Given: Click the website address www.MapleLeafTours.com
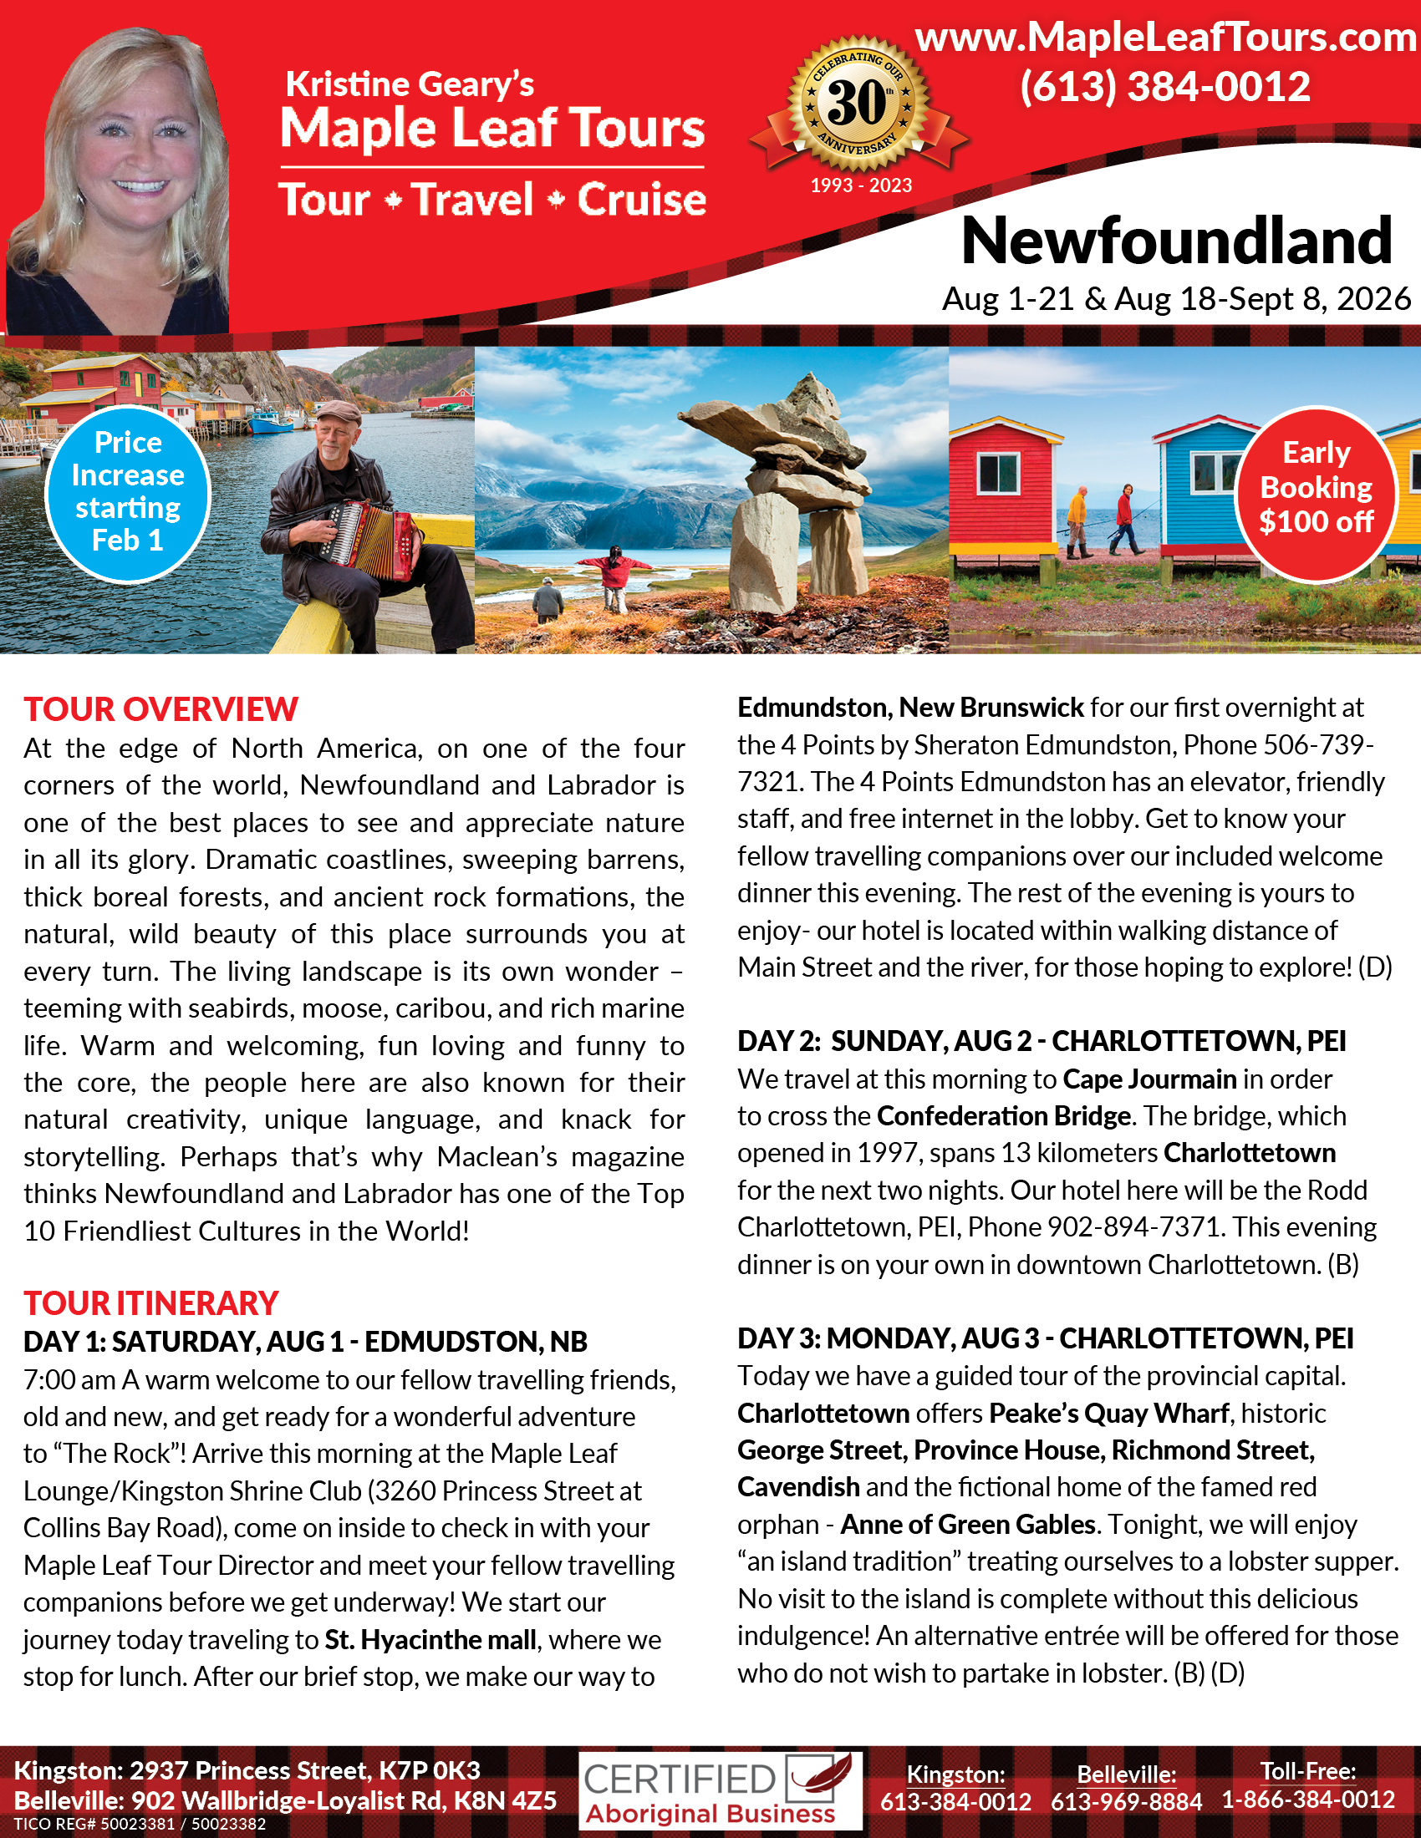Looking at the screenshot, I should pos(1165,38).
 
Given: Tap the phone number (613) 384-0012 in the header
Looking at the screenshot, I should pos(1165,87).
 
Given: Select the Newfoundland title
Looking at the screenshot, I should pos(1176,241).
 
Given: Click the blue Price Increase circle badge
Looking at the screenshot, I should pos(127,493).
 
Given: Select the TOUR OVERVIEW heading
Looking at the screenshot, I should pos(160,709).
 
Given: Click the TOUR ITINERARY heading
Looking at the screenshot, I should pos(150,1303).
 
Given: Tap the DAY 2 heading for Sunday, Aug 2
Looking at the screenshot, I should pos(1042,1041).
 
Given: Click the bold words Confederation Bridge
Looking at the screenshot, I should pos(1003,1116).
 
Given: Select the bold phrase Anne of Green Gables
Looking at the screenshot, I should pos(967,1524).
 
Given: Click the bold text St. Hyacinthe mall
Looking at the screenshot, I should pos(430,1639).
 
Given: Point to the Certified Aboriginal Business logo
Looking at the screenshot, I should pos(720,1791).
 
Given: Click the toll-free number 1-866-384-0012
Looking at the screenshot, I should pos(1308,1800).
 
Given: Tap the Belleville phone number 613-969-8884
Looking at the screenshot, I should pos(1126,1802).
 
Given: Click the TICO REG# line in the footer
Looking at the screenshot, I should pos(140,1825).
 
